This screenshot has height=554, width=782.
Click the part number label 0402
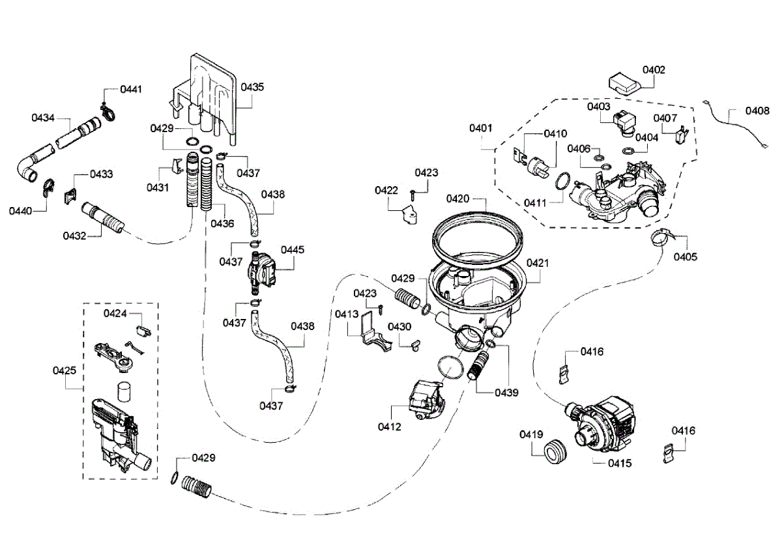pos(654,70)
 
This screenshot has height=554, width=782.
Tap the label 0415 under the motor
pos(619,464)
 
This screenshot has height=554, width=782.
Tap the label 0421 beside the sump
pos(538,264)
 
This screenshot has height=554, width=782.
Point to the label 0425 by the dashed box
pos(65,371)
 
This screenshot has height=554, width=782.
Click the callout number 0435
pos(252,87)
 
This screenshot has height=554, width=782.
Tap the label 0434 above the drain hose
pos(43,118)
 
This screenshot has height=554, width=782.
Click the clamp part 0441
pos(108,115)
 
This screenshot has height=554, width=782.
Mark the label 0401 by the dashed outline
pos(481,128)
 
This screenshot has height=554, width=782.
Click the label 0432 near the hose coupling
pos(75,235)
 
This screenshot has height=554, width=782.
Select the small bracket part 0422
pos(410,214)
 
